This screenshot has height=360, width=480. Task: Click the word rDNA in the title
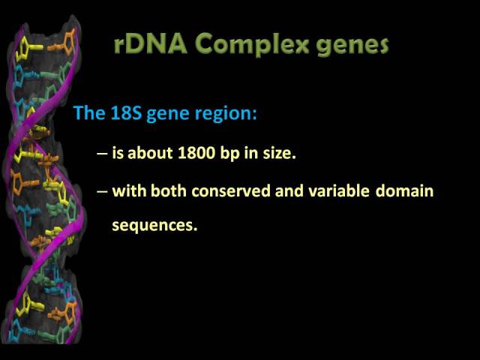[150, 43]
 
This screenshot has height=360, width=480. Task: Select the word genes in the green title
[352, 46]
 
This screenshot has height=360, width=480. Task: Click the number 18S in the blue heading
[126, 113]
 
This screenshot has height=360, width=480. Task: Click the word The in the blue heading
[90, 112]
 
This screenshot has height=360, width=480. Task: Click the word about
[150, 153]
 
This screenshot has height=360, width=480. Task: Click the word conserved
[231, 190]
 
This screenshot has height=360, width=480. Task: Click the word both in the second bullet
[169, 190]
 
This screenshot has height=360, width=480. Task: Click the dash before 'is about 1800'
[102, 153]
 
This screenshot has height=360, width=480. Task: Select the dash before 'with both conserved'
[102, 191]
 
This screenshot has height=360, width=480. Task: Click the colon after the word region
[254, 115]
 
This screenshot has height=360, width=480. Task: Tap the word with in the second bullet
[130, 190]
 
